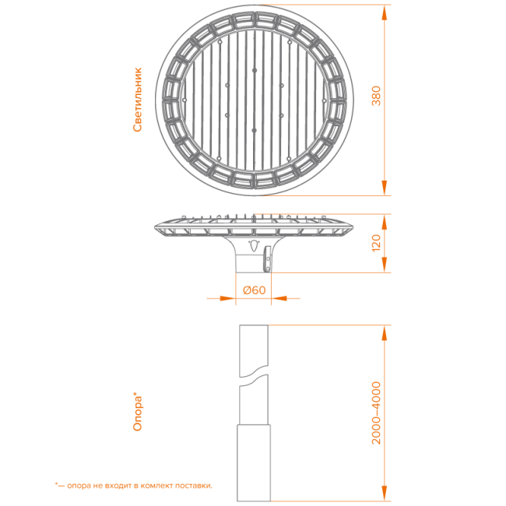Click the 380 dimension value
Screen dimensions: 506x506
(x=376, y=96)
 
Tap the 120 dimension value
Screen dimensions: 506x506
(x=376, y=243)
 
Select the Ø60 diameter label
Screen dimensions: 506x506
(x=255, y=290)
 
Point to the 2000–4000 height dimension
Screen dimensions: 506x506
(x=376, y=413)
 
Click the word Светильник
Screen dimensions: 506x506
(x=138, y=100)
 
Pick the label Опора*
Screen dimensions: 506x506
(x=138, y=412)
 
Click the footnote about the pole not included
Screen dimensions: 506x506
(x=134, y=485)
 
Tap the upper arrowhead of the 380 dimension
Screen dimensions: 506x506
(x=384, y=13)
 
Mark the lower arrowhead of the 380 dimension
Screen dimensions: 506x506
(x=384, y=188)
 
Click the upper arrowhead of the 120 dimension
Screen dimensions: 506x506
(x=384, y=222)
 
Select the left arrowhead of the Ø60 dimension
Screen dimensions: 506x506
(x=227, y=298)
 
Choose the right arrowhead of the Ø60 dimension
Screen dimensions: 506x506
(x=279, y=298)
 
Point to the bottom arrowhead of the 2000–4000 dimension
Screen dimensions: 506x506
(x=384, y=494)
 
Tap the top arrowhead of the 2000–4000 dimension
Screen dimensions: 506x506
(x=384, y=332)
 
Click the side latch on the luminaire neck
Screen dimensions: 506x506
(x=268, y=258)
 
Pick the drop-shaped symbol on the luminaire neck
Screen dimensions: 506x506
(x=255, y=246)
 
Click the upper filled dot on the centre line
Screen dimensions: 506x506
(x=255, y=70)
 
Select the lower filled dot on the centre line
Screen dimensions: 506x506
(x=255, y=130)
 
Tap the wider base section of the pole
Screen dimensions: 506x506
(x=254, y=463)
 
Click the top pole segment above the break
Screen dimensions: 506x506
(x=254, y=350)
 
